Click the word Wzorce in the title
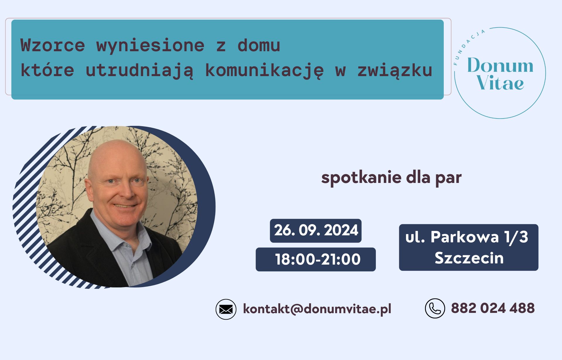pyautogui.click(x=53, y=45)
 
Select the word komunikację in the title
pyautogui.click(x=264, y=71)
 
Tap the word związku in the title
pyautogui.click(x=395, y=71)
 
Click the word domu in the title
pyautogui.click(x=259, y=45)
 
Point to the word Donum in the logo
pyautogui.click(x=500, y=65)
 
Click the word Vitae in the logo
pyautogui.click(x=500, y=83)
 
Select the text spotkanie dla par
pyautogui.click(x=391, y=177)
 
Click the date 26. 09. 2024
pyautogui.click(x=316, y=230)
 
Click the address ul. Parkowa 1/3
pyautogui.click(x=467, y=237)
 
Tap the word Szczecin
pyautogui.click(x=469, y=258)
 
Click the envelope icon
pyautogui.click(x=226, y=309)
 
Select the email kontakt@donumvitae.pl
pyautogui.click(x=317, y=309)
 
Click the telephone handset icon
pyautogui.click(x=435, y=308)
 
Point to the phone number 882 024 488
pyautogui.click(x=493, y=308)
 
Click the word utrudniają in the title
pyautogui.click(x=139, y=71)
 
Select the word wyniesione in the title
pyautogui.click(x=150, y=45)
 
